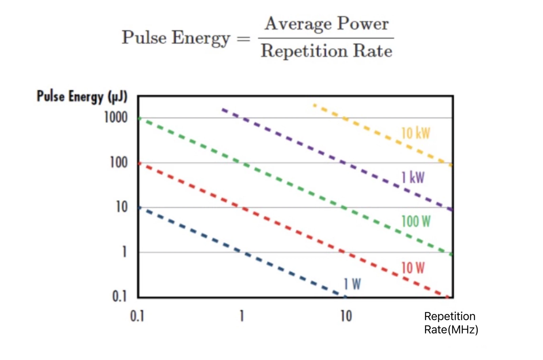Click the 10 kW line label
pos(415,133)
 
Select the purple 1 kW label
pos(413,177)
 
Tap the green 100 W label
pos(416,221)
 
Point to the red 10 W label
pos(413,268)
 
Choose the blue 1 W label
pos(352,284)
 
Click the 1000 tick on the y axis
pos(116,118)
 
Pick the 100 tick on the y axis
pos(119,162)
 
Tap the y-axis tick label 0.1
pos(119,296)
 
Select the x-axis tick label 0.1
pos(137,316)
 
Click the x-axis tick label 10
pos(346,316)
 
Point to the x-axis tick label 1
pos(242,316)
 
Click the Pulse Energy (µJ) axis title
pos(82,96)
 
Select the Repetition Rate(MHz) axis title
pos(451,323)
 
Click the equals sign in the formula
pos(243,38)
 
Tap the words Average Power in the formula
pos(326,24)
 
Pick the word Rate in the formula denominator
pos(373,51)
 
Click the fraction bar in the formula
pos(326,38)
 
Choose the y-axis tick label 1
pos(125,252)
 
